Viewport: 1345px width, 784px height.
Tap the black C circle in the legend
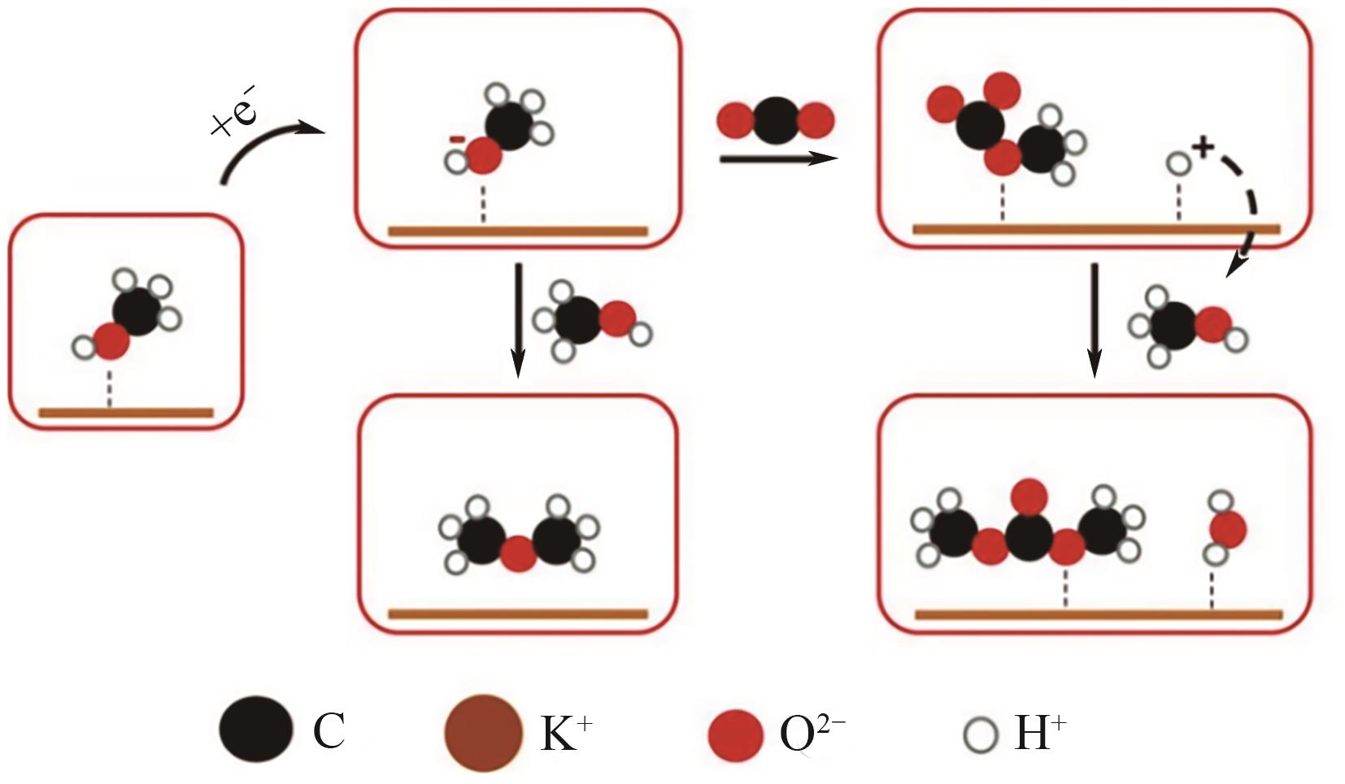pos(255,730)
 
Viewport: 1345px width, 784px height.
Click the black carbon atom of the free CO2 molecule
pos(776,121)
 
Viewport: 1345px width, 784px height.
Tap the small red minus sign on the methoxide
pos(457,141)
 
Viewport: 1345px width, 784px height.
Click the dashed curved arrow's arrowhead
pos(1236,265)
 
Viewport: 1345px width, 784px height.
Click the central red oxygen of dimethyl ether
pos(518,555)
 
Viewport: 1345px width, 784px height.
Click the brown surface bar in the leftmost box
pos(126,413)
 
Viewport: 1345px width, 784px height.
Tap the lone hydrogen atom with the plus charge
pos(1178,165)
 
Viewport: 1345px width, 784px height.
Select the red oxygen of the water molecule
pos(1227,531)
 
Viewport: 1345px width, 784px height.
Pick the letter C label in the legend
pos(329,731)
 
